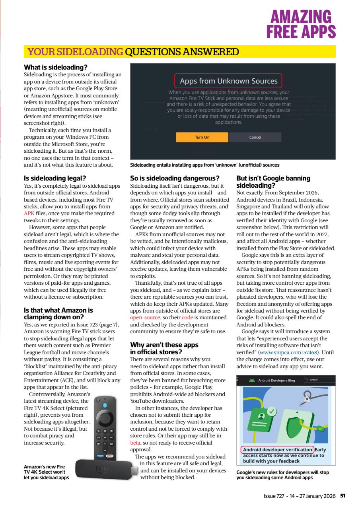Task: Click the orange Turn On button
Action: pyautogui.click(x=202, y=137)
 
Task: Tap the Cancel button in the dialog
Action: pyautogui.click(x=255, y=137)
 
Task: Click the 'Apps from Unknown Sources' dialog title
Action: pyautogui.click(x=228, y=81)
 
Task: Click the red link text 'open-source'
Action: pyautogui.click(x=145, y=318)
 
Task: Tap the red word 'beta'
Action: pyautogui.click(x=136, y=442)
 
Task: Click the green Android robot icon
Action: pyautogui.click(x=251, y=380)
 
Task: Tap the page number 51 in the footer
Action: pyautogui.click(x=342, y=495)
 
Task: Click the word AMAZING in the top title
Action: pyautogui.click(x=301, y=17)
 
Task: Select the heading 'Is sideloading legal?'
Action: pyautogui.click(x=55, y=178)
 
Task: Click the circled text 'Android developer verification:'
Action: pyautogui.click(x=278, y=450)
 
